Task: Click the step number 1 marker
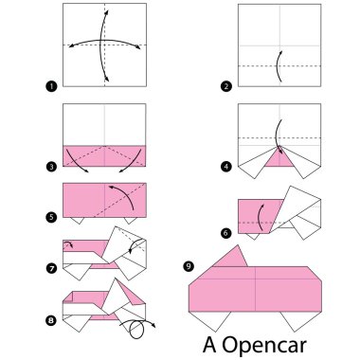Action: point(51,87)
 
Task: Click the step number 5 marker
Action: point(51,216)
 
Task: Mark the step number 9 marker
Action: point(189,266)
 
